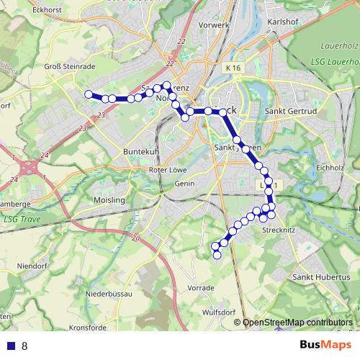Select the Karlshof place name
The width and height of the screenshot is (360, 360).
click(x=282, y=22)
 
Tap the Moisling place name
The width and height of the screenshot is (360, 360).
click(x=109, y=199)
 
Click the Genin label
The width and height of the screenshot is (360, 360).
click(x=186, y=184)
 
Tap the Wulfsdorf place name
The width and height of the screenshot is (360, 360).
click(x=219, y=313)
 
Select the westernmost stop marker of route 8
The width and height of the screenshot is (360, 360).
click(x=89, y=94)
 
